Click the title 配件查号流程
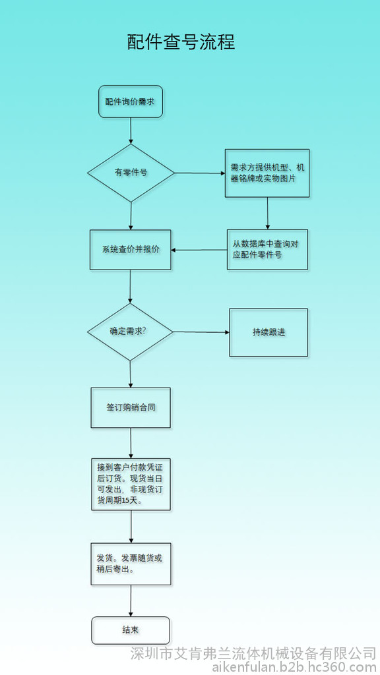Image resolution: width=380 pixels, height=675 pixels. click(181, 42)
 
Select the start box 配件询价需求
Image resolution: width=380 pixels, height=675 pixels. click(131, 102)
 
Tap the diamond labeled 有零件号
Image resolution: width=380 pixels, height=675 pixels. click(131, 173)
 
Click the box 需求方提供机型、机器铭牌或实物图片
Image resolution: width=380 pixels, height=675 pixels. click(267, 173)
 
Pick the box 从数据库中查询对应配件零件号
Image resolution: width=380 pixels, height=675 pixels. click(268, 250)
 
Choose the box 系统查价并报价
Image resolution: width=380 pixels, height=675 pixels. click(131, 250)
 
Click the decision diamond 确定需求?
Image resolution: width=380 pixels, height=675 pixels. click(130, 332)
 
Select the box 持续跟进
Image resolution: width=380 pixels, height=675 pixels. click(269, 332)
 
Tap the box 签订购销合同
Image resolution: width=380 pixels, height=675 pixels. click(131, 407)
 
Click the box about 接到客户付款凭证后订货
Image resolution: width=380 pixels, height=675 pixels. click(131, 484)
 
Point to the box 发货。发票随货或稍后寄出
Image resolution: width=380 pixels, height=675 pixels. click(131, 564)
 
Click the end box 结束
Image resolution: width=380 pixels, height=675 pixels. click(131, 630)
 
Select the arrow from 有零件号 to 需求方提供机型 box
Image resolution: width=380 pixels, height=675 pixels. click(200, 173)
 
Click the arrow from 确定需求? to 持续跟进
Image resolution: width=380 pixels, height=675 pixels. click(201, 332)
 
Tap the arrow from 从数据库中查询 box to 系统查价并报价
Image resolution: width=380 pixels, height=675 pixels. click(199, 250)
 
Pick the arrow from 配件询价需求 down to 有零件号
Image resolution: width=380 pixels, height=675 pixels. click(131, 131)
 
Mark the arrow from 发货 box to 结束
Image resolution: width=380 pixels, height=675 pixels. click(131, 601)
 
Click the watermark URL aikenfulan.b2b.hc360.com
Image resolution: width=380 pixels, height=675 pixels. click(294, 667)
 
